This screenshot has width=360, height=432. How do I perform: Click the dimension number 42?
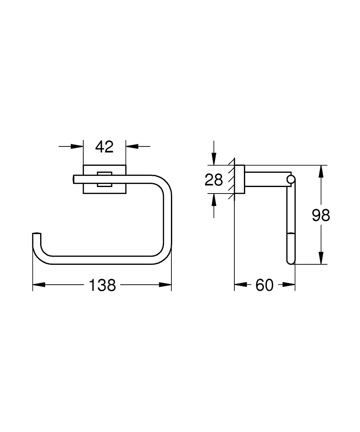pyautogui.click(x=104, y=147)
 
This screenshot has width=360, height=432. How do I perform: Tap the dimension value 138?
pyautogui.click(x=102, y=285)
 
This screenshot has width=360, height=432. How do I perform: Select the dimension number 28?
pyautogui.click(x=214, y=179)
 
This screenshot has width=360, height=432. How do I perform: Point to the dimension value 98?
pyautogui.click(x=321, y=215)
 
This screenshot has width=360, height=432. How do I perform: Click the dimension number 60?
pyautogui.click(x=265, y=285)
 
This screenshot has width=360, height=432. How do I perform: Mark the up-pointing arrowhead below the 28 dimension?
pyautogui.click(x=214, y=200)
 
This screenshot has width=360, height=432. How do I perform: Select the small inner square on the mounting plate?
pyautogui.click(x=104, y=179)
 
